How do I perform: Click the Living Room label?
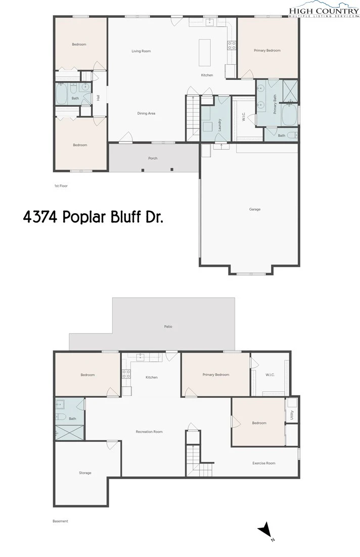coord(141,51)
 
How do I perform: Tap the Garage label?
coord(255,209)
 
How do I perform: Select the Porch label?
coord(153,158)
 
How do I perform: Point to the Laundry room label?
coord(219,125)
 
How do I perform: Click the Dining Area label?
coord(147,113)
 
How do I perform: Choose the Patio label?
coord(168,327)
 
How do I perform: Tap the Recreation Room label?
coord(149,432)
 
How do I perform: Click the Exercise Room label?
coord(264,463)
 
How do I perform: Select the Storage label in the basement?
coord(85,473)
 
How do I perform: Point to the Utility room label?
coord(292,414)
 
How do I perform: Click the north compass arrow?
coord(264,530)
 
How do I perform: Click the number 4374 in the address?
coord(40,217)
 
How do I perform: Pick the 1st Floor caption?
coord(61,186)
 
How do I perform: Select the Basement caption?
coord(60,521)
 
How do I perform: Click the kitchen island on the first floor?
coord(204,53)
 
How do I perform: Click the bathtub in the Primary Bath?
coord(290,115)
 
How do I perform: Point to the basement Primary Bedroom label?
coord(216,375)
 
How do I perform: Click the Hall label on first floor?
coord(98,98)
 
